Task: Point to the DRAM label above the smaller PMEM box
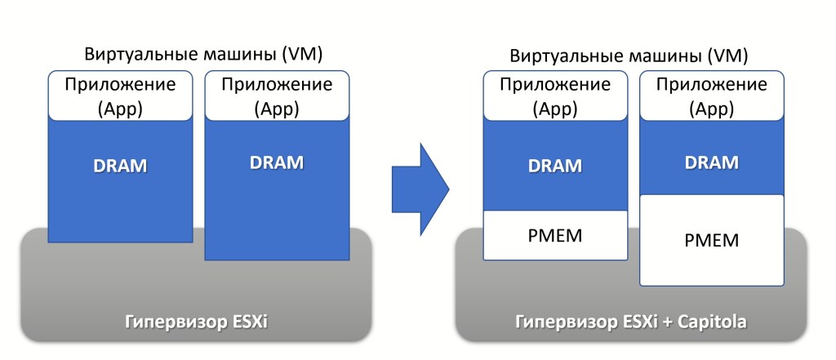click(x=556, y=166)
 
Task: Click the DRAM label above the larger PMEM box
click(x=712, y=162)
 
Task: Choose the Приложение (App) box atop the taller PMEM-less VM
click(x=277, y=96)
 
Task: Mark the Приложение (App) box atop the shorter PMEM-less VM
click(x=120, y=96)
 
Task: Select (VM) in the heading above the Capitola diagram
click(x=727, y=56)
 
